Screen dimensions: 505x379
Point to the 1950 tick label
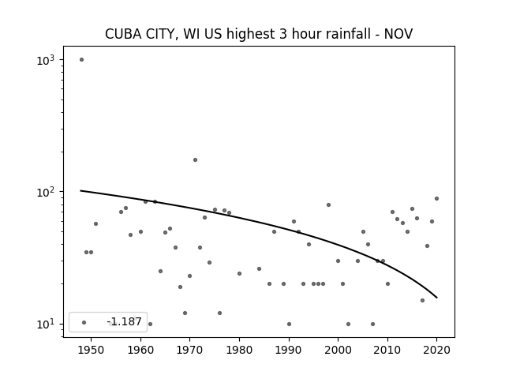tap(91, 350)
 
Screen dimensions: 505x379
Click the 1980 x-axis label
tap(239, 350)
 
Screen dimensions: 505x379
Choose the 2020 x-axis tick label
tap(436, 350)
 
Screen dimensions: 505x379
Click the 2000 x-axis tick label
tap(338, 350)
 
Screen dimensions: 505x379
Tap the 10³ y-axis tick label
tap(46, 60)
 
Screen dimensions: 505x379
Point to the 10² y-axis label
tap(46, 193)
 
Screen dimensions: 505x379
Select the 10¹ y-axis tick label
tap(46, 325)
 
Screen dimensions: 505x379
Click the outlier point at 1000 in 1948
tap(81, 60)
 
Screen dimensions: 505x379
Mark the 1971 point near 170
tap(195, 159)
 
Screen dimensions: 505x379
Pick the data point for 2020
tap(436, 198)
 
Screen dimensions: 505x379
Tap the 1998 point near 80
tap(328, 205)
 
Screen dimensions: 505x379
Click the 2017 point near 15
tap(422, 300)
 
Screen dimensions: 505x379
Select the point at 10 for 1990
tap(289, 324)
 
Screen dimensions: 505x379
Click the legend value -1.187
tap(125, 321)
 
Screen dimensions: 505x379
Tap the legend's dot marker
tap(84, 322)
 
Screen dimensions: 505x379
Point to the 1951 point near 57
tap(95, 223)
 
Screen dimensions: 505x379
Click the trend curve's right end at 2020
tap(437, 298)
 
